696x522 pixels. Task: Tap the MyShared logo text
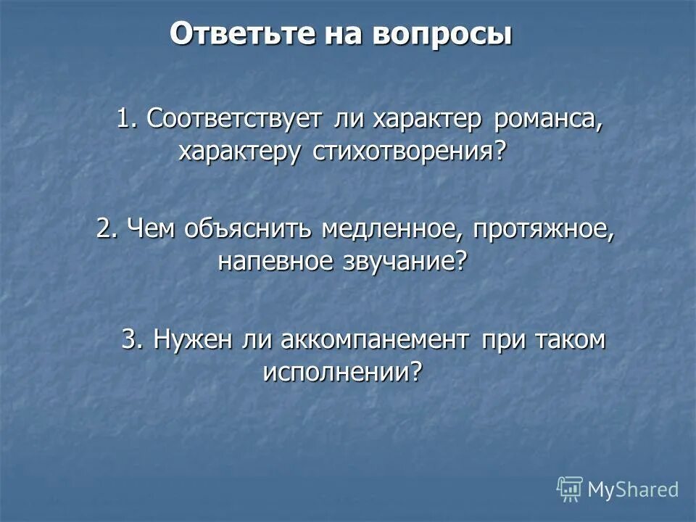pyautogui.click(x=632, y=489)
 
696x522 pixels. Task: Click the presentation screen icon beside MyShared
pyautogui.click(x=570, y=489)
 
